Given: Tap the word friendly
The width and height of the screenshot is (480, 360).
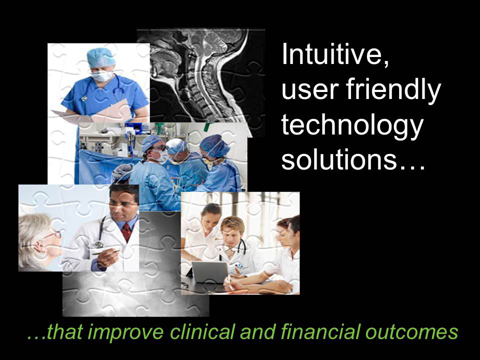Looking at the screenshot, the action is [393, 91].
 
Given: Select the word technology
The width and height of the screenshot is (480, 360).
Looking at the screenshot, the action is [352, 126].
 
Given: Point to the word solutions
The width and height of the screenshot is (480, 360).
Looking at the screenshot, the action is [339, 159].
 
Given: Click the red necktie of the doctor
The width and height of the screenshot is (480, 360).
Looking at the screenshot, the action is [126, 232].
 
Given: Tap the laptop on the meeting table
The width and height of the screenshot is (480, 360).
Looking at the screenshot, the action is [209, 272].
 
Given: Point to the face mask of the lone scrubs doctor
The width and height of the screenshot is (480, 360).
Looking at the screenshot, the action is [102, 75].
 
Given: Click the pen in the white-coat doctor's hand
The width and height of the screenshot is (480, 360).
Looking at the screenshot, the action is [105, 252].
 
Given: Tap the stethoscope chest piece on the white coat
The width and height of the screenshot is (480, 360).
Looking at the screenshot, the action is [99, 244].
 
